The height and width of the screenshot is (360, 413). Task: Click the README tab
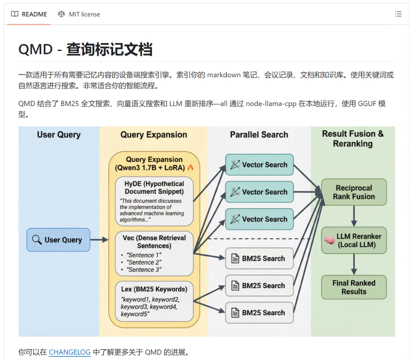point(29,14)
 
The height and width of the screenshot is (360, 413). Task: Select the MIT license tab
point(79,14)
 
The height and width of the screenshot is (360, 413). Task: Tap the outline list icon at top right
point(398,14)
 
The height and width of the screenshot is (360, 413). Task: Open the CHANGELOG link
point(70,352)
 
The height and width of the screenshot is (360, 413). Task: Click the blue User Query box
point(58,240)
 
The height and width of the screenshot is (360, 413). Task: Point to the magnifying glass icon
point(37,240)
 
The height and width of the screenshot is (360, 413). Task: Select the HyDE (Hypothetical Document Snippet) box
point(154,201)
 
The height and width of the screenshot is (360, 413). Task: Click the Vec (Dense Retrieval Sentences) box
point(154,253)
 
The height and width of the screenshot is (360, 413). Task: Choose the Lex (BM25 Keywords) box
point(154,301)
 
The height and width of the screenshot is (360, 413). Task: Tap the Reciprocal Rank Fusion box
point(354,192)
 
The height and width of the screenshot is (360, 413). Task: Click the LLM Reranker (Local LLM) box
point(354,240)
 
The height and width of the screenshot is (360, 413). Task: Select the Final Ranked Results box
point(354,287)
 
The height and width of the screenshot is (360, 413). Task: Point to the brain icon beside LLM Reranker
point(329,240)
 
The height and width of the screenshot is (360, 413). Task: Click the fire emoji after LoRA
point(190,168)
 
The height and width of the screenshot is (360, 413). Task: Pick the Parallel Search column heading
point(259,135)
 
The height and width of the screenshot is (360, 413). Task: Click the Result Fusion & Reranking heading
point(353,138)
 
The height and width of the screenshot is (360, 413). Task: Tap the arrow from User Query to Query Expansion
point(99,240)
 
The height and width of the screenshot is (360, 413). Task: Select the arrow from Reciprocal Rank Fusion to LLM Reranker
point(354,216)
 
